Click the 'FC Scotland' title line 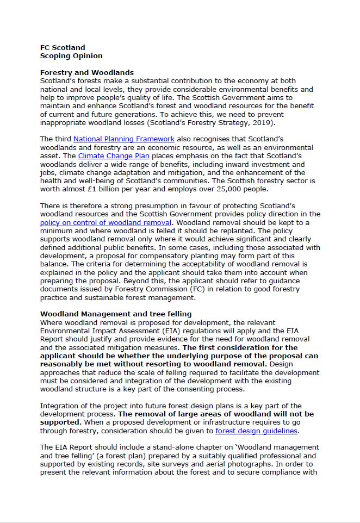63,47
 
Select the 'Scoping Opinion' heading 71,55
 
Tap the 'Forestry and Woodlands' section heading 87,72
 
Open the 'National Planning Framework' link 124,139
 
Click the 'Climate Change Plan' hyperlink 114,156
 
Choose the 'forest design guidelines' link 256,431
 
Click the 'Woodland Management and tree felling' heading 116,314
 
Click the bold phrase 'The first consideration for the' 240,347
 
